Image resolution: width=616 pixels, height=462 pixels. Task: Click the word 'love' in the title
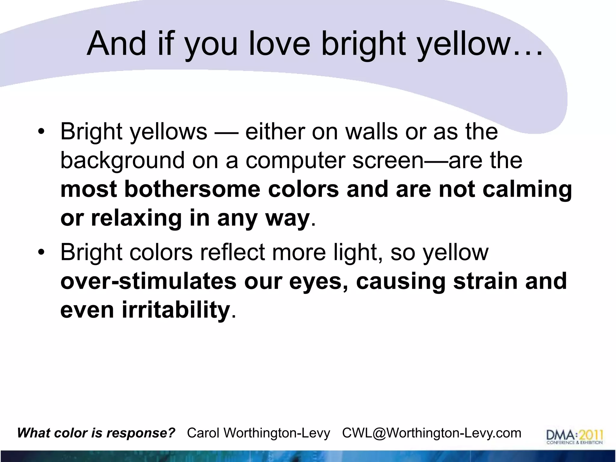point(279,44)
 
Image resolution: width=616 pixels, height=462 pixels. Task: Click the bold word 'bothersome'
point(192,189)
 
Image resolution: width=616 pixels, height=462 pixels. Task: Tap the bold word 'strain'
point(485,282)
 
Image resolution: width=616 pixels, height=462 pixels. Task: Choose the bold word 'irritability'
point(176,310)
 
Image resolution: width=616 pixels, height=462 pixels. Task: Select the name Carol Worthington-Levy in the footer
point(258,433)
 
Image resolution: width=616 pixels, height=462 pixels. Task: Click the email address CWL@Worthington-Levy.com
point(431,433)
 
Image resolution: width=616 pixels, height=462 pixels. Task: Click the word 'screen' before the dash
point(388,161)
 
